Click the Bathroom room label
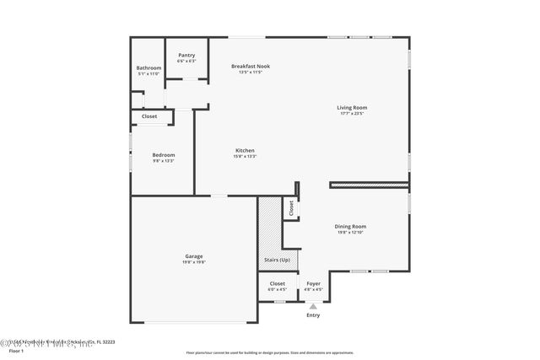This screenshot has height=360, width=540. pyautogui.click(x=148, y=68)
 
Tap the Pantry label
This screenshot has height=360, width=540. pyautogui.click(x=186, y=56)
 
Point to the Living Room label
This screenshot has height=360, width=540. pyautogui.click(x=352, y=107)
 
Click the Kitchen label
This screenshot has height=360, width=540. pyautogui.click(x=245, y=150)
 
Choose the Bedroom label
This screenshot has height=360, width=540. pyautogui.click(x=164, y=154)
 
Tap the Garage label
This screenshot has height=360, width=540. pyautogui.click(x=194, y=256)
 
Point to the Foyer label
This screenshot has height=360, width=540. pyautogui.click(x=313, y=283)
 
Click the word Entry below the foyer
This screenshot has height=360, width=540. pyautogui.click(x=313, y=315)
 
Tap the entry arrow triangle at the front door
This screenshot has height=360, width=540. pyautogui.click(x=313, y=306)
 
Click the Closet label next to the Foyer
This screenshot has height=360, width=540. pyautogui.click(x=278, y=283)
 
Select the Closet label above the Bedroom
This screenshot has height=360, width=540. pyautogui.click(x=149, y=116)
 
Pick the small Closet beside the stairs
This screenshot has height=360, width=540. pyautogui.click(x=291, y=208)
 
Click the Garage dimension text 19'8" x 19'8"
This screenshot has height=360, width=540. pyautogui.click(x=194, y=262)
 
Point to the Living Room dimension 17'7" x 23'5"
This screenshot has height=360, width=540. pyautogui.click(x=352, y=113)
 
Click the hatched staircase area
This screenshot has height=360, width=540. pyautogui.click(x=269, y=228)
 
